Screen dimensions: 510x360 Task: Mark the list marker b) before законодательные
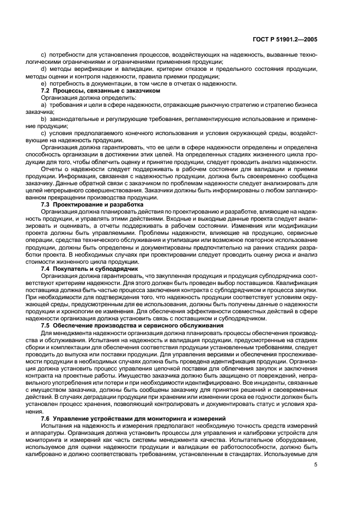click(x=44, y=119)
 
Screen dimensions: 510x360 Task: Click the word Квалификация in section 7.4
click(x=297, y=283)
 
